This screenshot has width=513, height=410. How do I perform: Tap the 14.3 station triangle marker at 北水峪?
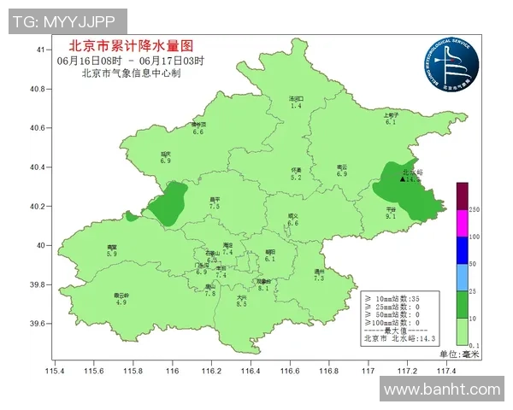[403, 179]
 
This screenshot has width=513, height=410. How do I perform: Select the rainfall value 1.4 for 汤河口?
[296, 105]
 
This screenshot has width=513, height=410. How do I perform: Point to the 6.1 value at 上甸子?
[391, 122]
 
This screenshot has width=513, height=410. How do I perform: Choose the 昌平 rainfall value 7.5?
[215, 207]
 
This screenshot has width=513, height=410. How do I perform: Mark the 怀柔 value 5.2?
[296, 178]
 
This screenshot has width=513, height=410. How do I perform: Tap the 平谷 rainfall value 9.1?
[391, 217]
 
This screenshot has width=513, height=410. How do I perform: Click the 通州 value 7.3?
[319, 278]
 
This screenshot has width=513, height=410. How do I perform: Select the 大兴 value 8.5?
[241, 304]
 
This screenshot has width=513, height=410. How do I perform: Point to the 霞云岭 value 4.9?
[121, 302]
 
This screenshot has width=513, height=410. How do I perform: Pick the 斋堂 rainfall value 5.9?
[111, 254]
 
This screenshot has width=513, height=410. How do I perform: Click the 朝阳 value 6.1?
[270, 259]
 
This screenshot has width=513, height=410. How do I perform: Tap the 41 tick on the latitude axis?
[40, 50]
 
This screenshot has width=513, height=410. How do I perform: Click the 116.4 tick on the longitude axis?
[251, 370]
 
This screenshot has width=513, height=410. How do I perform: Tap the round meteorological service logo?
[448, 64]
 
